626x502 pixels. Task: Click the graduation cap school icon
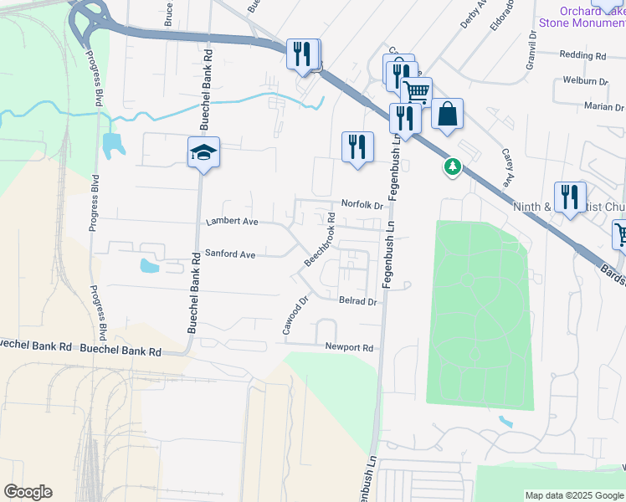(x=203, y=152)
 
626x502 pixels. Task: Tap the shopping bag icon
(x=447, y=114)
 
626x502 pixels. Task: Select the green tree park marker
(x=453, y=167)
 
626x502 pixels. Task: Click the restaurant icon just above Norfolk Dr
(x=357, y=146)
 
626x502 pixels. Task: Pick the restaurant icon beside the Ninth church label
(x=570, y=197)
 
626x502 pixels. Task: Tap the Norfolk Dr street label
(x=362, y=204)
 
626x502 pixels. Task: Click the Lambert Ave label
(x=232, y=223)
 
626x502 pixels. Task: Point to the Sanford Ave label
(x=230, y=253)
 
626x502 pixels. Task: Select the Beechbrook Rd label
(x=320, y=239)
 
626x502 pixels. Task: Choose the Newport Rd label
(x=349, y=346)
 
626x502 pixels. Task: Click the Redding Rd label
(x=582, y=55)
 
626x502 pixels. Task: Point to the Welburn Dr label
(x=585, y=81)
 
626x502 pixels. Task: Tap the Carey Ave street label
(x=507, y=166)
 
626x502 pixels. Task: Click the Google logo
(x=28, y=492)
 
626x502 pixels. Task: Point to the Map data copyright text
(x=573, y=495)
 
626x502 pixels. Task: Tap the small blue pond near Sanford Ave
(x=149, y=266)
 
